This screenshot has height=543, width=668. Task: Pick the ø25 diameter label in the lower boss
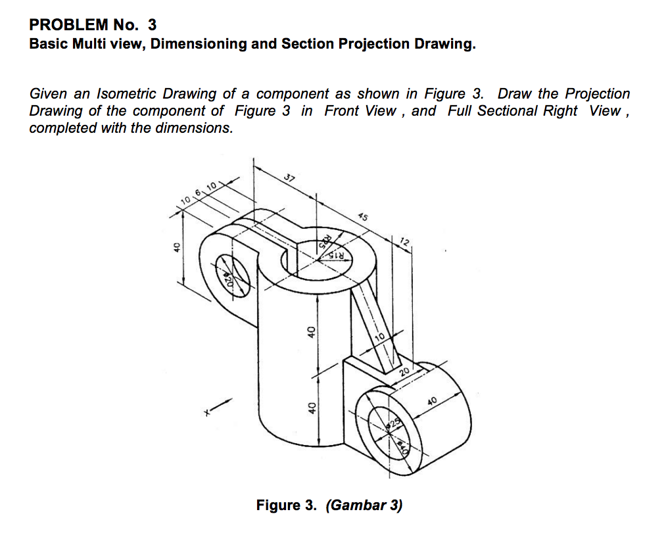[395, 421]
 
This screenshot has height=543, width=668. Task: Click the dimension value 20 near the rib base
[404, 372]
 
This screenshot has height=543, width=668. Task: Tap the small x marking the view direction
[206, 413]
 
